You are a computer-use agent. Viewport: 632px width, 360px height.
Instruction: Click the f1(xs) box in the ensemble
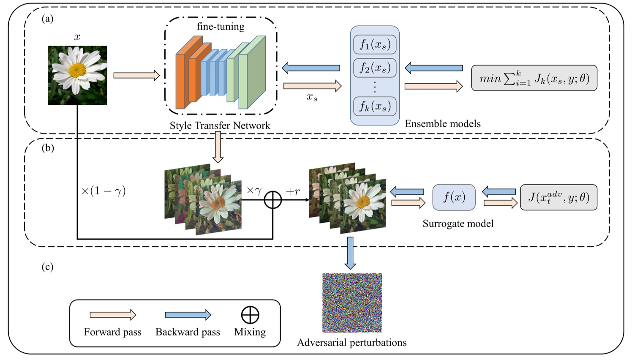[375, 44]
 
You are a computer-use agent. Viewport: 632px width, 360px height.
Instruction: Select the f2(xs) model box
[375, 68]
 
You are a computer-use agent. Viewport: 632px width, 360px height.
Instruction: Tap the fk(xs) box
[375, 106]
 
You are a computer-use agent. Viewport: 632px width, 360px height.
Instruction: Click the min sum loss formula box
[534, 78]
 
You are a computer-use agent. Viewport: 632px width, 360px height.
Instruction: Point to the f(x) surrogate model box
[454, 197]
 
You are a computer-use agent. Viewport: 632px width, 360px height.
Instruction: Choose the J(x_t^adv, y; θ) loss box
[558, 197]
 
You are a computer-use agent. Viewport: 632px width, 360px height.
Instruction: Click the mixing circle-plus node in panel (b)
[272, 200]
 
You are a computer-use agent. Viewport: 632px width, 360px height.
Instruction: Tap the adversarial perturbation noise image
[352, 303]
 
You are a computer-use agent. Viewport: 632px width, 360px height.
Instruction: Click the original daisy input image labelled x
[77, 75]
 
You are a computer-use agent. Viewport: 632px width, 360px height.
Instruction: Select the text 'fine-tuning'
[221, 27]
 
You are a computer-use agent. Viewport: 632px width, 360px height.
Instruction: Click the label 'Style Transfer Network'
[220, 125]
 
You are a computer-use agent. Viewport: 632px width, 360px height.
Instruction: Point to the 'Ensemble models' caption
[443, 124]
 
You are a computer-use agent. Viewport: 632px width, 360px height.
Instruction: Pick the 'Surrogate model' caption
[458, 224]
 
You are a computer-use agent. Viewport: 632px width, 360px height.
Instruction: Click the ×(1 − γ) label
[104, 191]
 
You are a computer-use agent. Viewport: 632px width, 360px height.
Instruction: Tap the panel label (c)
[47, 267]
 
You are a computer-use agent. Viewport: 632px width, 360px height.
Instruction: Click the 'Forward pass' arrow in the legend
[113, 315]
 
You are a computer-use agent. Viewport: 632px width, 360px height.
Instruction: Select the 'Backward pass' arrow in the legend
[188, 315]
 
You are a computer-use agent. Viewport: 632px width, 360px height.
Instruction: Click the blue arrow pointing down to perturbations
[350, 253]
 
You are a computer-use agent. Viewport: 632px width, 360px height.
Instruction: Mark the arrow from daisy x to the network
[136, 76]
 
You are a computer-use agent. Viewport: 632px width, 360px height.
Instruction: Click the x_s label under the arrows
[312, 97]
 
